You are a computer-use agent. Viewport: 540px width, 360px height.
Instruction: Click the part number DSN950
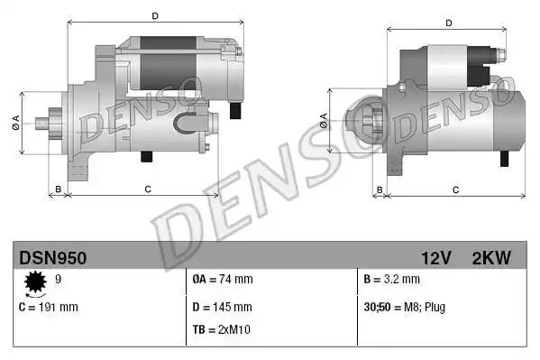(x=53, y=258)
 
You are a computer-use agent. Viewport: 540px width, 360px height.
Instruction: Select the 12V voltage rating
(x=435, y=258)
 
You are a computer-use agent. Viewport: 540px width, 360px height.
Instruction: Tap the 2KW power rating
(x=490, y=258)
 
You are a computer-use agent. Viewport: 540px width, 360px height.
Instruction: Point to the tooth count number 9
(x=59, y=280)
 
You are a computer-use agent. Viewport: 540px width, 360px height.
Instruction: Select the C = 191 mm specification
(x=49, y=307)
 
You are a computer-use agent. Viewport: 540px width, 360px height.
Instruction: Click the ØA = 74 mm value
(x=223, y=280)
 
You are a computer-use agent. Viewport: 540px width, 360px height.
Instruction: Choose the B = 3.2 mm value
(x=392, y=280)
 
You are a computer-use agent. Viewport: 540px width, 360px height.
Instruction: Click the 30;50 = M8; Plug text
(x=404, y=307)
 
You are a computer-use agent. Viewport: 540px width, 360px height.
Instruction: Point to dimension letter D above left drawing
(x=154, y=15)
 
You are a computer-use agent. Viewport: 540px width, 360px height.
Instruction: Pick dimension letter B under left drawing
(x=58, y=189)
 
